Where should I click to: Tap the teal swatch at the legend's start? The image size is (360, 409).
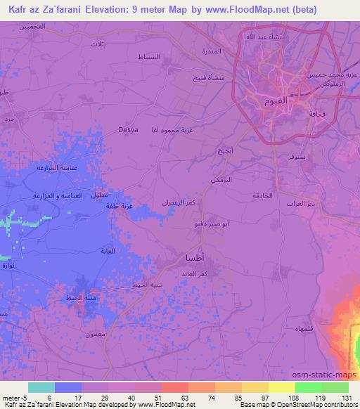(41, 387)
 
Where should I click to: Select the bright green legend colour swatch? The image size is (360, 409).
(307, 387)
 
